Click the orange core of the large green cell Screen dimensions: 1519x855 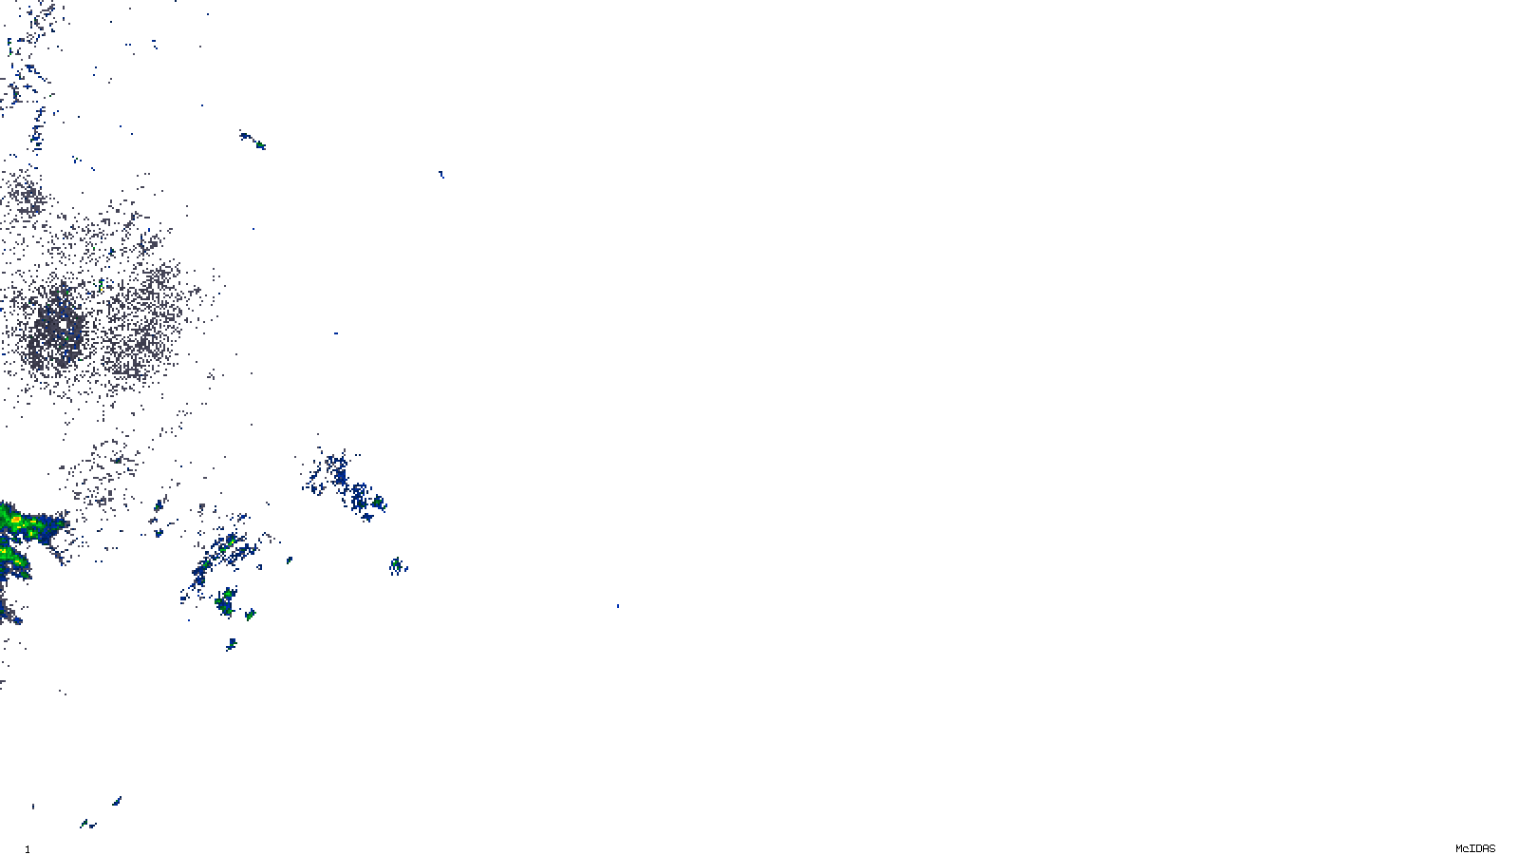(x=16, y=520)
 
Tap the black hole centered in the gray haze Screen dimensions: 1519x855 (x=63, y=325)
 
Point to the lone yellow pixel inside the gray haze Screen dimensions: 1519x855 (x=101, y=283)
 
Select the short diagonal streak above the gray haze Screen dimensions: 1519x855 (x=253, y=141)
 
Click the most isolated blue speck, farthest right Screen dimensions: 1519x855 (x=617, y=605)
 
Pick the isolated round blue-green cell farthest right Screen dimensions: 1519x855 (x=396, y=566)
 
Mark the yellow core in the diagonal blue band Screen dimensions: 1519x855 (x=229, y=542)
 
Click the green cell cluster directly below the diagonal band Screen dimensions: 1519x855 (x=226, y=599)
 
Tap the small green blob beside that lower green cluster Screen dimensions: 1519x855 (x=250, y=615)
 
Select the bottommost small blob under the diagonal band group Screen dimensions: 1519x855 (x=231, y=644)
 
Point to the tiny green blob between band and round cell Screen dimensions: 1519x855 (x=289, y=560)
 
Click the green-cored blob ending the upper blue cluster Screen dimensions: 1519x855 (x=377, y=502)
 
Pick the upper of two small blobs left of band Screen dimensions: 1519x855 (x=159, y=507)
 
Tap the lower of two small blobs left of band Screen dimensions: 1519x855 (x=159, y=531)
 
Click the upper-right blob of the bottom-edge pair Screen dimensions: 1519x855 (x=117, y=801)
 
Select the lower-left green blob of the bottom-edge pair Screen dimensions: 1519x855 (x=84, y=824)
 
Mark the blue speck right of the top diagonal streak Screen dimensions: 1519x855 (x=441, y=174)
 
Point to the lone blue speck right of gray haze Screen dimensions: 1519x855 (x=335, y=332)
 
